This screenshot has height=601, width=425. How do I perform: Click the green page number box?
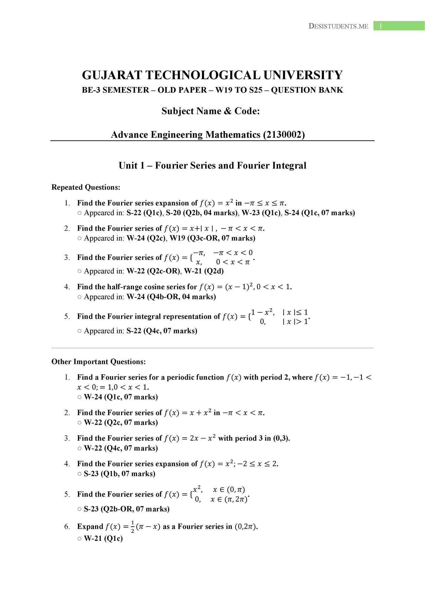[x=399, y=26]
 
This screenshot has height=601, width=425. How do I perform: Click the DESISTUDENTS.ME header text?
[x=338, y=26]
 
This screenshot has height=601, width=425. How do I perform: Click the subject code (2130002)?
[x=284, y=135]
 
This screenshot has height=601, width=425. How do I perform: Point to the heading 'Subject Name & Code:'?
[x=211, y=111]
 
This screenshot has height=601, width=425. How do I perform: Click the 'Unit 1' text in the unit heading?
[x=131, y=165]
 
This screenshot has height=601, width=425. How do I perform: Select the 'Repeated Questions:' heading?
[x=86, y=187]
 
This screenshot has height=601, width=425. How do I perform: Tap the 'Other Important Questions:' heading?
[x=99, y=362]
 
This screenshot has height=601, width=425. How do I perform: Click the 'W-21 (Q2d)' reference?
[x=204, y=271]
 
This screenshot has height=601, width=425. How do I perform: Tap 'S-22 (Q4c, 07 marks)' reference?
[x=162, y=331]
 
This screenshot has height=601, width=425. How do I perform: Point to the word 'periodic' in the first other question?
[x=179, y=377]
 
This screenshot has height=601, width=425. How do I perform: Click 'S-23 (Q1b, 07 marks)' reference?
[x=120, y=474]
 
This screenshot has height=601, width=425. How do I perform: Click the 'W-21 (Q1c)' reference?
[x=103, y=538]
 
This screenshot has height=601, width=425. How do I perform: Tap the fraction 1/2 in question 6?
[x=132, y=527]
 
